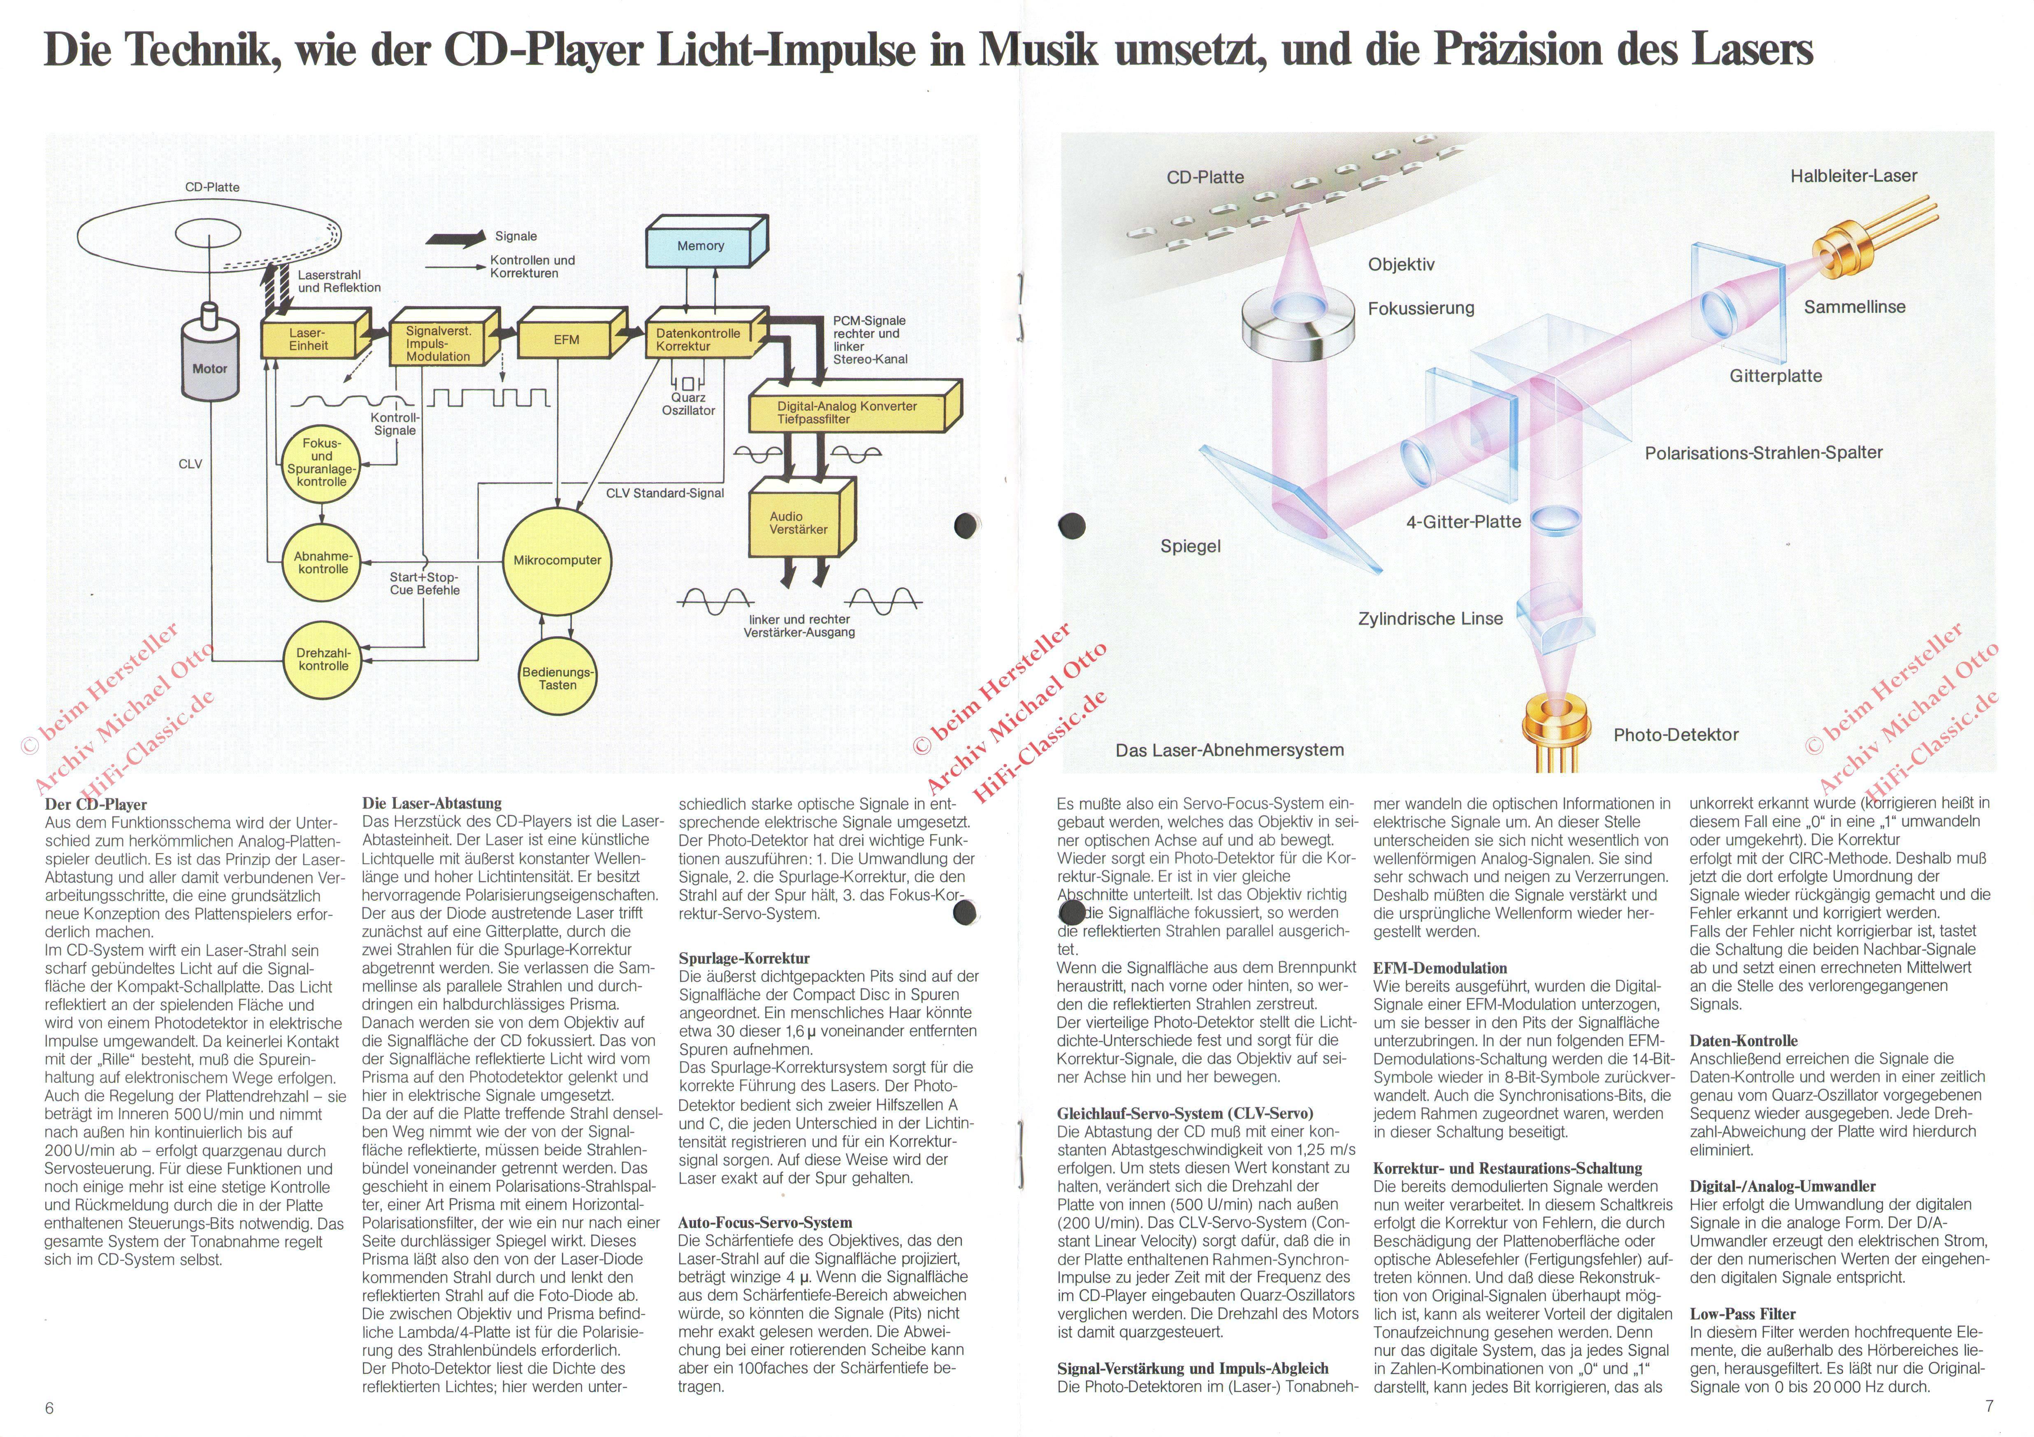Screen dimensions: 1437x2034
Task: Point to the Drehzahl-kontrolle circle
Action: tap(323, 660)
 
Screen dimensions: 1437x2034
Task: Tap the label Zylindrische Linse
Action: tap(1430, 619)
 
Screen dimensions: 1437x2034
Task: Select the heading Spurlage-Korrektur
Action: tap(744, 958)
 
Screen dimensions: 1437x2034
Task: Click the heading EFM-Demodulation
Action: tap(1440, 968)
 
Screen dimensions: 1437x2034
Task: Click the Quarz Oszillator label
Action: tap(688, 404)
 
